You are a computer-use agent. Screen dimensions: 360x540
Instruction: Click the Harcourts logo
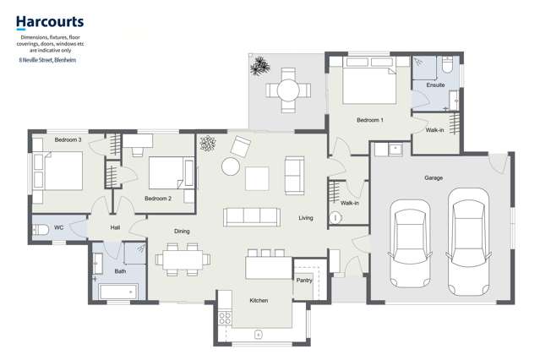pyautogui.click(x=47, y=23)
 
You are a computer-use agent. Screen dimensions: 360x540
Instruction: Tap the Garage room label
pyautogui.click(x=434, y=177)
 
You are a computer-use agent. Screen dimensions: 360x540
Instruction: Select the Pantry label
pyautogui.click(x=304, y=280)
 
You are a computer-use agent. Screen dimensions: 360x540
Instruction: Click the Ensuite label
pyautogui.click(x=435, y=85)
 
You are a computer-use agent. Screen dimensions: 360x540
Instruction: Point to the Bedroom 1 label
pyautogui.click(x=369, y=121)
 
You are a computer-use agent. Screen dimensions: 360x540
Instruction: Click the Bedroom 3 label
pyautogui.click(x=68, y=139)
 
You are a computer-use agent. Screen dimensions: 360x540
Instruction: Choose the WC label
pyautogui.click(x=59, y=227)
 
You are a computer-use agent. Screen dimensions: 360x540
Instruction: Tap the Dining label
pyautogui.click(x=182, y=231)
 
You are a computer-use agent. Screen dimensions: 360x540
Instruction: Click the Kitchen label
pyautogui.click(x=259, y=301)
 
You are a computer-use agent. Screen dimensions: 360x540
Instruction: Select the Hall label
pyautogui.click(x=115, y=227)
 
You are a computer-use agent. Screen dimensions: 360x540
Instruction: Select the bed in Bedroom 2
pyautogui.click(x=169, y=174)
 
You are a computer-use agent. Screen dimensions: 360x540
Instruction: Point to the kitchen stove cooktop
pyautogui.click(x=226, y=319)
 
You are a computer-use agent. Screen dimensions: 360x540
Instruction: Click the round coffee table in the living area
pyautogui.click(x=230, y=166)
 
